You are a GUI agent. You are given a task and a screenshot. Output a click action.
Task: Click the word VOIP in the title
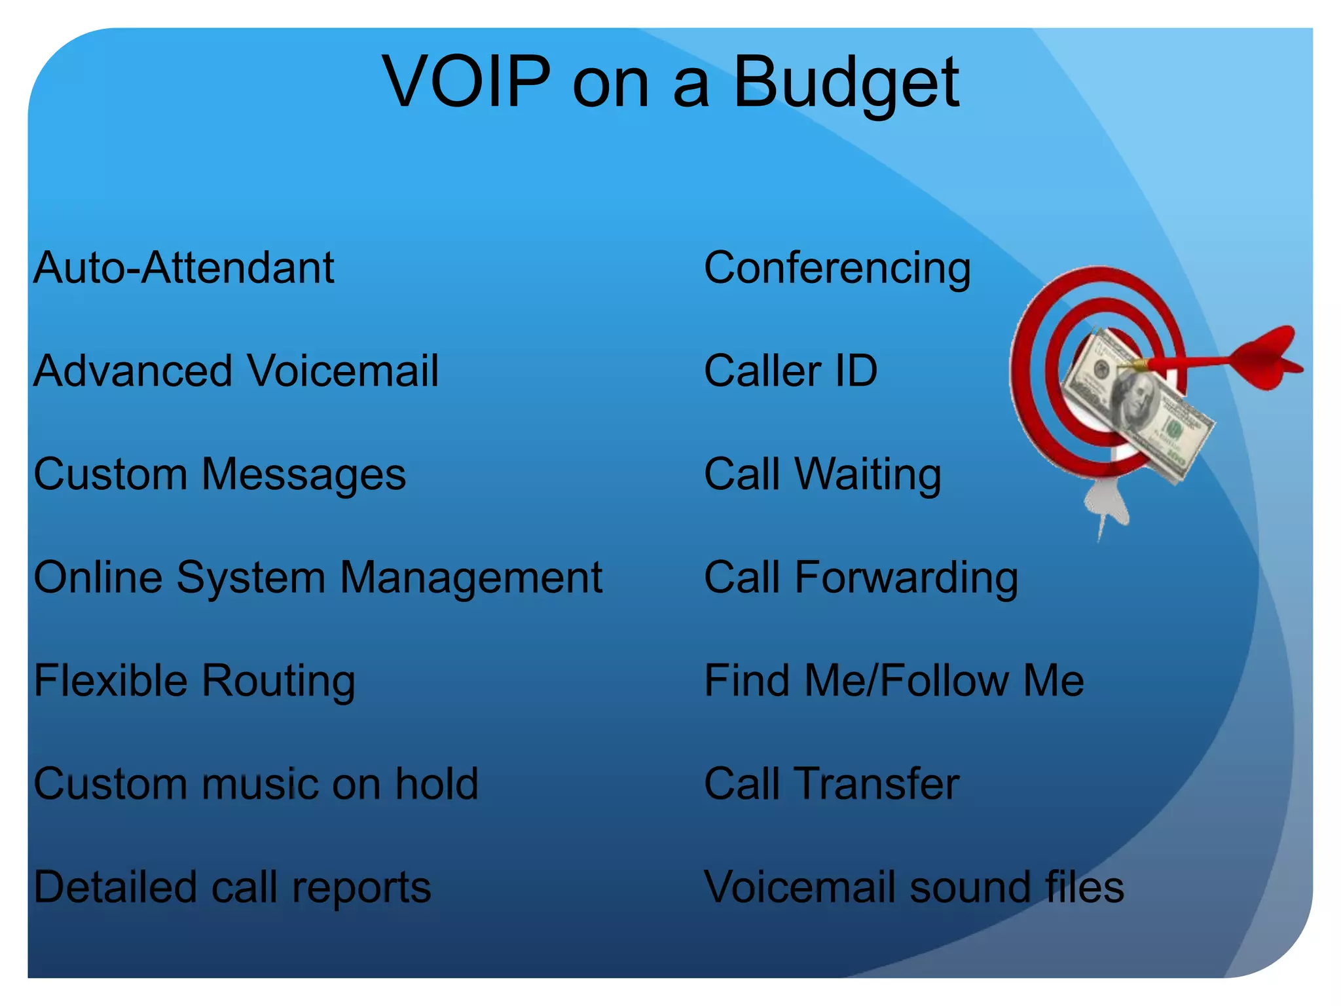pos(466,83)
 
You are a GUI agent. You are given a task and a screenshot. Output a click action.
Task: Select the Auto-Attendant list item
pos(183,268)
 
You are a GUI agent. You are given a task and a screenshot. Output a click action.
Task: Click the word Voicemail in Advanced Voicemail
pos(342,371)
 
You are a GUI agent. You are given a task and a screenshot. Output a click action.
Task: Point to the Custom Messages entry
pos(219,474)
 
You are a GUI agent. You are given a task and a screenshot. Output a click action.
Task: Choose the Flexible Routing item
pos(194,681)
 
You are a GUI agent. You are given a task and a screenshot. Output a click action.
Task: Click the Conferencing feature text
pos(837,269)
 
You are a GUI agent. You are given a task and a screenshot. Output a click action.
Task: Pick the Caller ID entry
pos(790,371)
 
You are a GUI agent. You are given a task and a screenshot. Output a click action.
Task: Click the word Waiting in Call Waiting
pos(868,474)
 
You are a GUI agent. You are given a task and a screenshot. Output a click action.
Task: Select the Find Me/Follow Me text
pos(894,680)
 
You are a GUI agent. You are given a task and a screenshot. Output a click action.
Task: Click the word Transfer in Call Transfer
pos(877,784)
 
